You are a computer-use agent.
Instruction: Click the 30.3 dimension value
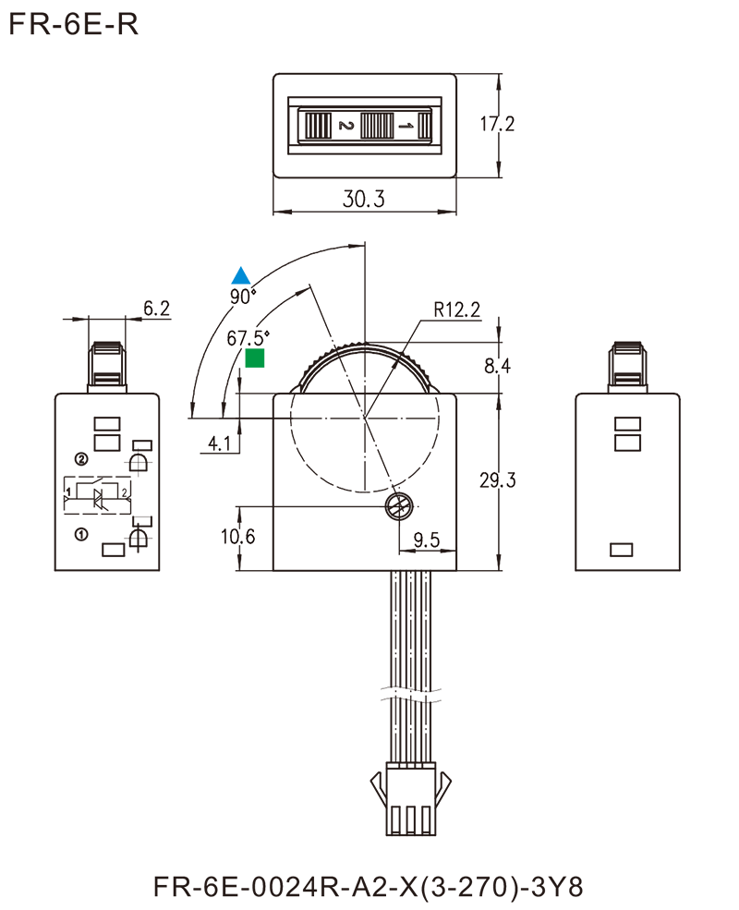[364, 198]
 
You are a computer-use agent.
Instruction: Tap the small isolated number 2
[125, 491]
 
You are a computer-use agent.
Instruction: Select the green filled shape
[267, 365]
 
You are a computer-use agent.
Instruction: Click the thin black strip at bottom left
[247, 887]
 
